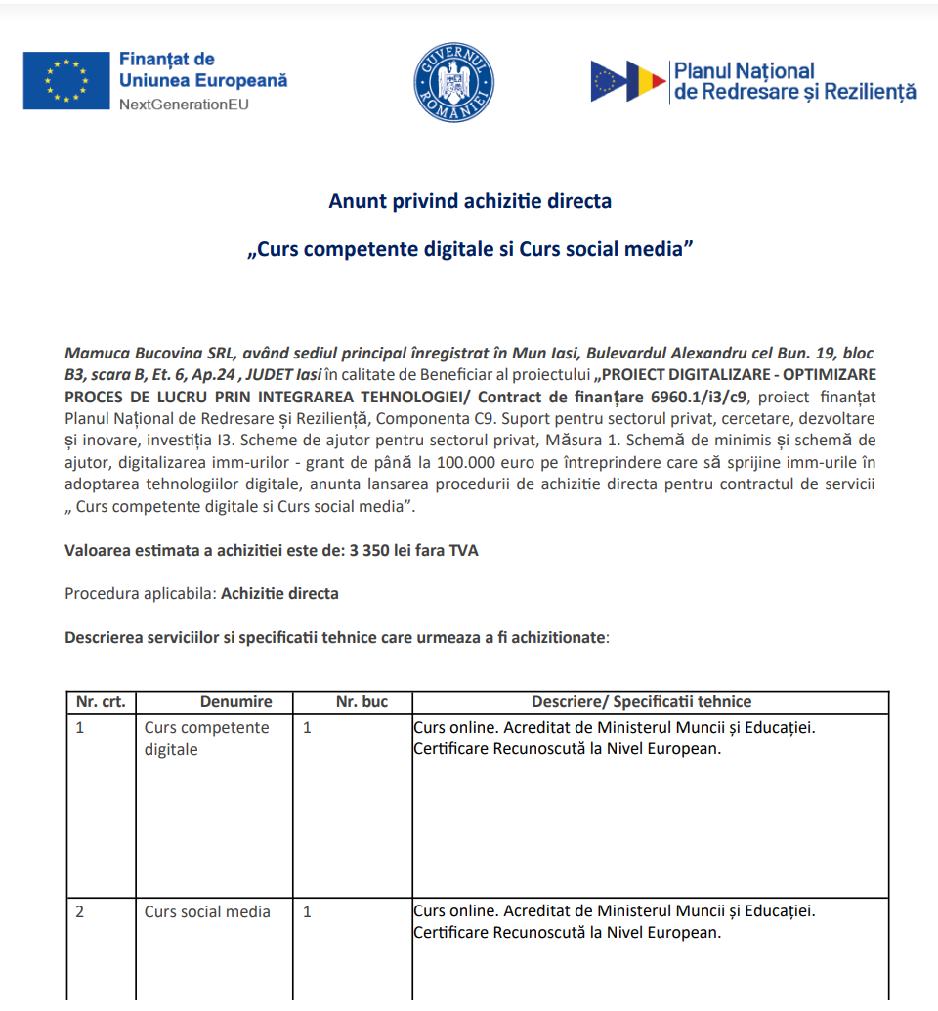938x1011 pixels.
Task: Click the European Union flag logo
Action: (x=65, y=80)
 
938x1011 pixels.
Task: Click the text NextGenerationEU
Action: (x=184, y=105)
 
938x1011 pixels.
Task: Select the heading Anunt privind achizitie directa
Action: (x=470, y=201)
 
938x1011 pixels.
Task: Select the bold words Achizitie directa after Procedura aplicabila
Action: (x=280, y=593)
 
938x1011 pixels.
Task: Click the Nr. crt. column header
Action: (x=101, y=702)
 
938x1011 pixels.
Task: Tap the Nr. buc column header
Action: (x=362, y=702)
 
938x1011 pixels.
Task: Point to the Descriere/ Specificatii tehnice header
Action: (x=641, y=702)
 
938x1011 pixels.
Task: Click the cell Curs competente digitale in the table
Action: (x=206, y=738)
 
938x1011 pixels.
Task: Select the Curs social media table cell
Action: (x=207, y=911)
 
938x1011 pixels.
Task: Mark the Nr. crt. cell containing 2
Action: (x=80, y=911)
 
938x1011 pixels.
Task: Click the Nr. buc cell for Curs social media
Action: (x=308, y=911)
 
